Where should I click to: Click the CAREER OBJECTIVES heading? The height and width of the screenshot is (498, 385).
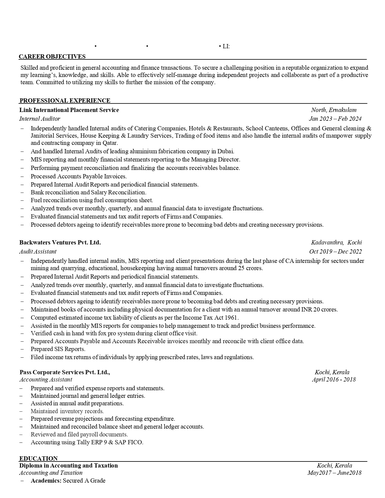point(52,56)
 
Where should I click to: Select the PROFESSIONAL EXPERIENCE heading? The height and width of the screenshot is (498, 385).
point(65,101)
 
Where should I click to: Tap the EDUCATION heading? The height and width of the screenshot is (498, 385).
point(38,458)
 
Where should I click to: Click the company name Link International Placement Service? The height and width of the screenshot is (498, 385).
point(69,110)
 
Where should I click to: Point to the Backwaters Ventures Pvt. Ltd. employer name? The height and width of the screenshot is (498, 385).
point(60,242)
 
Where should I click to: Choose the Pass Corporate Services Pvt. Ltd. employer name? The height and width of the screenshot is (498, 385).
point(65,372)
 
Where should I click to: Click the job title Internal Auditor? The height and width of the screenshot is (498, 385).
point(40,119)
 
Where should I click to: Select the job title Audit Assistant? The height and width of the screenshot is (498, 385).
point(38,251)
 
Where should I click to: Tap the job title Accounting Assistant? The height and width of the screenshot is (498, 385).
point(46,379)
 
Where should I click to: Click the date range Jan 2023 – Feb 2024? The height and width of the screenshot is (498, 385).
point(335,119)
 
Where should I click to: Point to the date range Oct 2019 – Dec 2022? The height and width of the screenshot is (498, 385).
point(335,251)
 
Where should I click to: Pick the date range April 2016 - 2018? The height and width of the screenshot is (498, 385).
point(334,379)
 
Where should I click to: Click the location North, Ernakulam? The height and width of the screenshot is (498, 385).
point(334,110)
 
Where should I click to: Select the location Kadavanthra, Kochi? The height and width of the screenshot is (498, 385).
point(336,242)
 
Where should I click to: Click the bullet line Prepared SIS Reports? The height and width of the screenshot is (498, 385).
point(58,349)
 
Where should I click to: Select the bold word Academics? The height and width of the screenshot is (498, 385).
point(46,480)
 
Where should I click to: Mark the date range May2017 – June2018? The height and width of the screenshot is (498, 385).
point(334,473)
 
